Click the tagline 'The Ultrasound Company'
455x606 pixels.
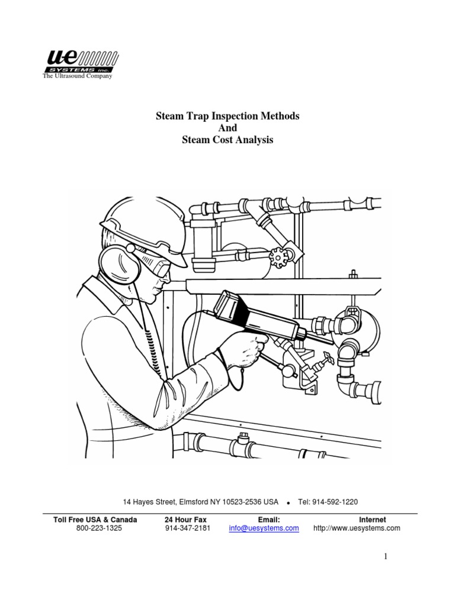point(77,76)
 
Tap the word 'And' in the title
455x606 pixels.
point(227,128)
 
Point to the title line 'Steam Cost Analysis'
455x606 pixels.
point(227,140)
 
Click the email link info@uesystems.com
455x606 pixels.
point(264,528)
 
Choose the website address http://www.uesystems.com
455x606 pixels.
point(356,528)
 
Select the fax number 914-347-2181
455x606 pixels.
point(187,528)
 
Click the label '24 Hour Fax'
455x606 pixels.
point(187,520)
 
